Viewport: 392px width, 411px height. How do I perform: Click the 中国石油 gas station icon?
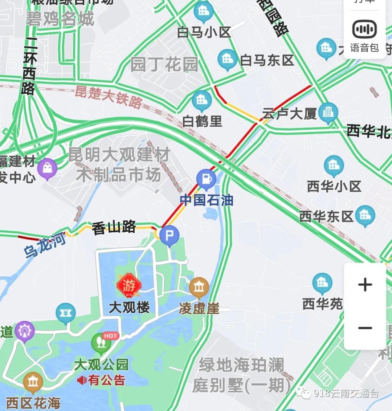(x=206, y=179)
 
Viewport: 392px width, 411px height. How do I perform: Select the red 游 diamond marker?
(x=129, y=286)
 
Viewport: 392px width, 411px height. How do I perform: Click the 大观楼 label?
(x=129, y=308)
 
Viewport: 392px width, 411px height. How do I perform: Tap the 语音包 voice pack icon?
(x=364, y=29)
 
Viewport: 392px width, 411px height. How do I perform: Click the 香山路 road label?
(x=114, y=228)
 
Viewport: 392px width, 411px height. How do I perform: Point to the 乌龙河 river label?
(x=45, y=245)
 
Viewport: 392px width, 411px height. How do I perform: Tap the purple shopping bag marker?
(x=48, y=168)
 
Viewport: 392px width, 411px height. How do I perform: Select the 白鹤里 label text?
(x=202, y=121)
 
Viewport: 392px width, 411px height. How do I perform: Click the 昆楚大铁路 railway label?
(x=108, y=97)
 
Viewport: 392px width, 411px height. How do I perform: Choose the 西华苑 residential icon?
(x=322, y=284)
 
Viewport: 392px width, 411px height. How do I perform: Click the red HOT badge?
(x=110, y=336)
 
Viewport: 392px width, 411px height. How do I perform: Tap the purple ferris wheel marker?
(x=24, y=331)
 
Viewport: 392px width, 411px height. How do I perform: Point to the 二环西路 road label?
(x=29, y=69)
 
